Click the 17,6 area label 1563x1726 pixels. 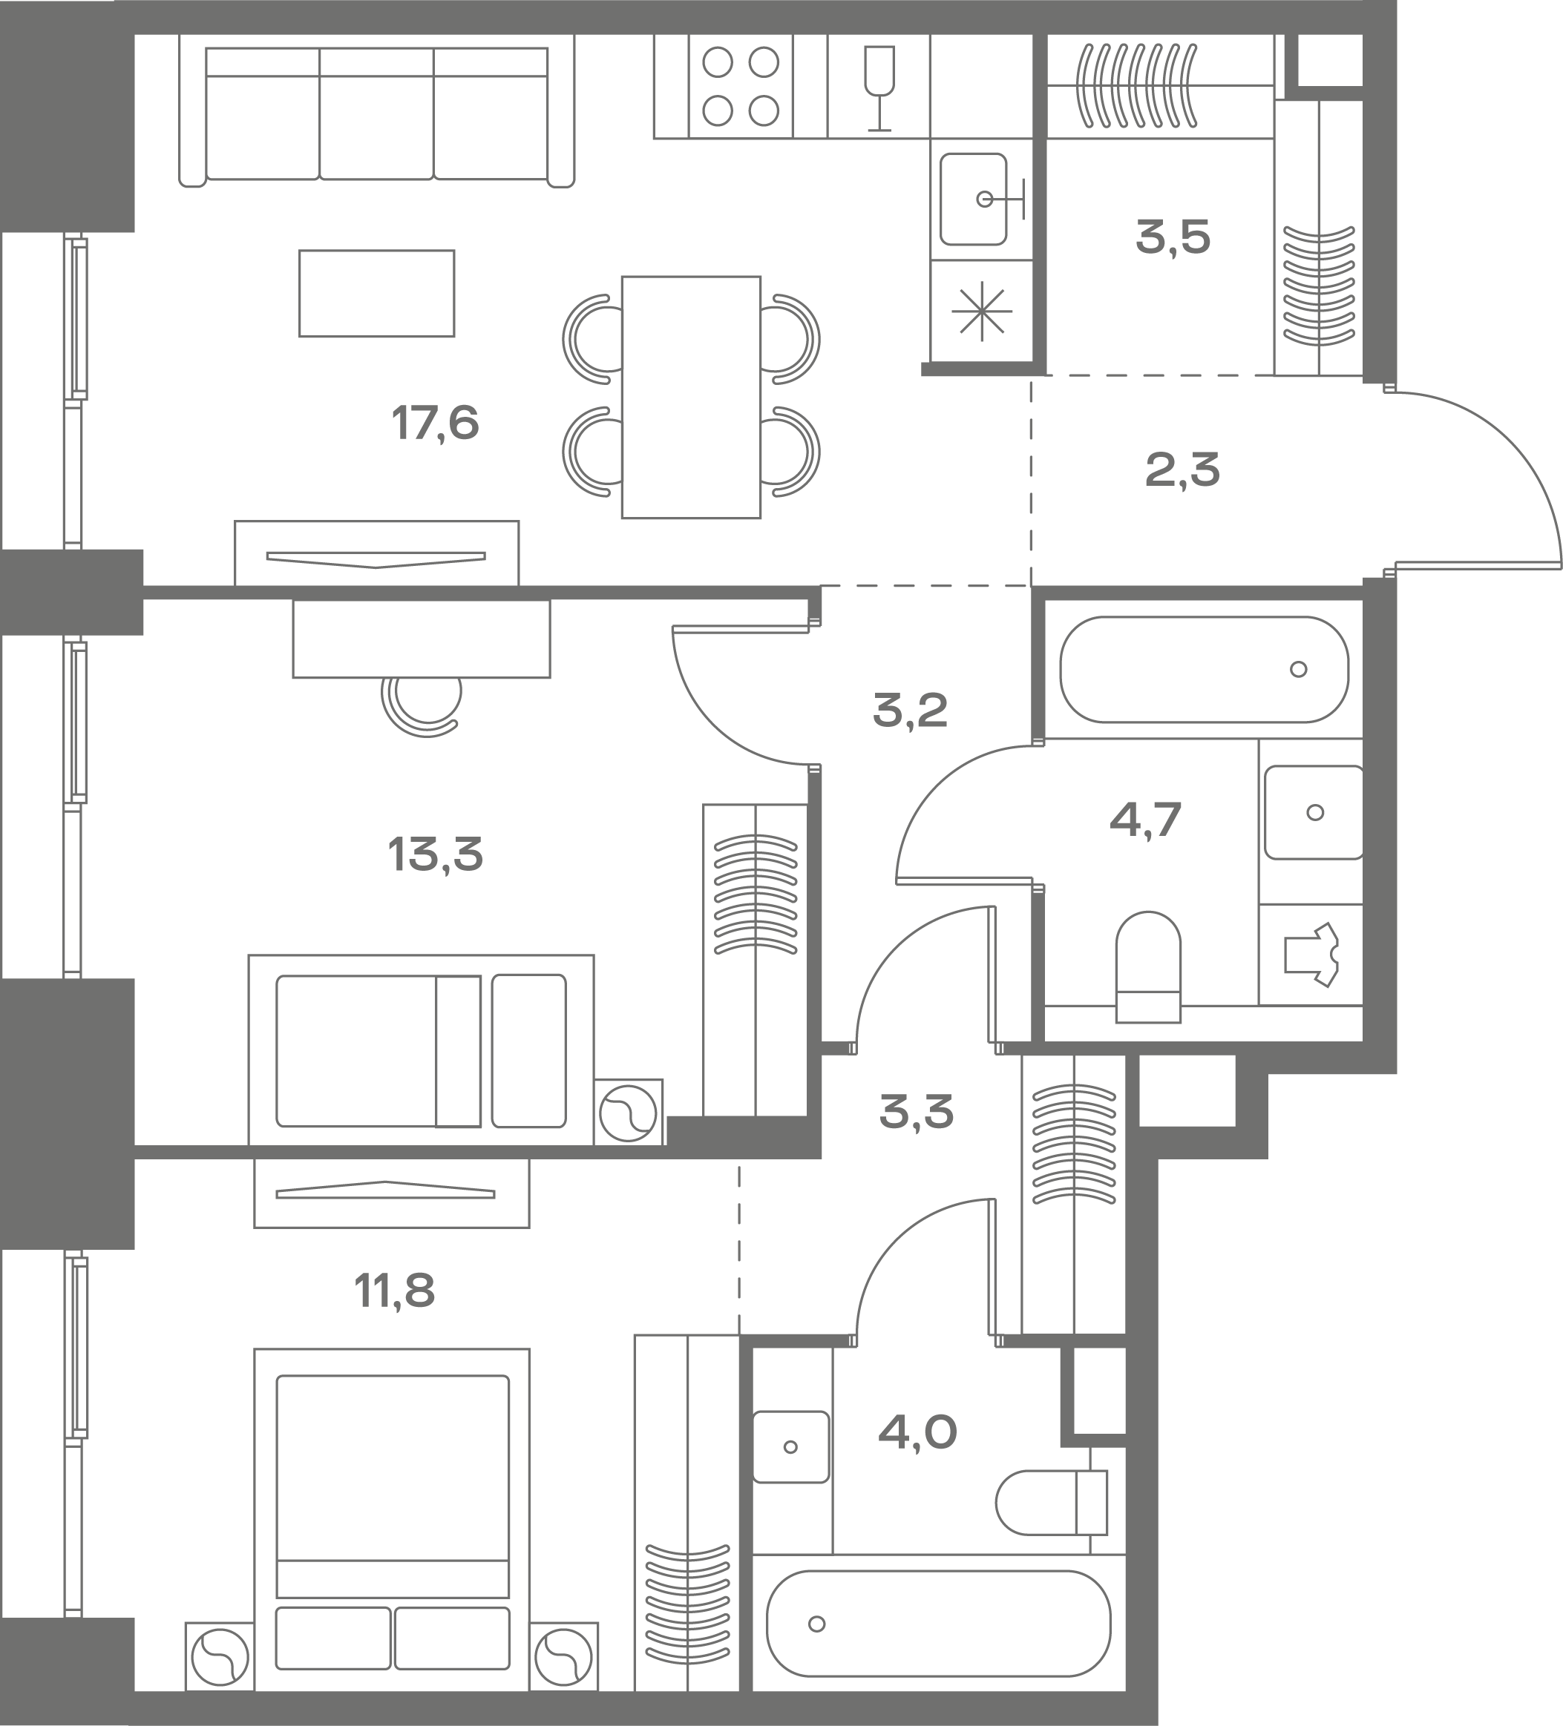pyautogui.click(x=435, y=423)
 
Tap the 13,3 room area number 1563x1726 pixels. pyautogui.click(x=435, y=854)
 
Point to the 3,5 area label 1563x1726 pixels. pyautogui.click(x=1173, y=237)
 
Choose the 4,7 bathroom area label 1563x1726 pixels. pyautogui.click(x=1145, y=820)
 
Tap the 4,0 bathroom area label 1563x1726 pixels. pyautogui.click(x=917, y=1432)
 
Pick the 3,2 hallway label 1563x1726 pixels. pyautogui.click(x=910, y=711)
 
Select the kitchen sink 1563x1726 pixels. pyautogui.click(x=981, y=200)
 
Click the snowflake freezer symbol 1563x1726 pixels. pyautogui.click(x=981, y=310)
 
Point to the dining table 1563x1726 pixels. pyautogui.click(x=691, y=398)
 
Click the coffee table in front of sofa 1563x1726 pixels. pyautogui.click(x=377, y=293)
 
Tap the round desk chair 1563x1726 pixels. pyautogui.click(x=422, y=700)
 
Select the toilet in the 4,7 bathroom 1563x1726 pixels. pyautogui.click(x=1148, y=966)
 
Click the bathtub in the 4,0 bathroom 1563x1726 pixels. pyautogui.click(x=939, y=1623)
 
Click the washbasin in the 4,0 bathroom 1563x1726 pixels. pyautogui.click(x=790, y=1447)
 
